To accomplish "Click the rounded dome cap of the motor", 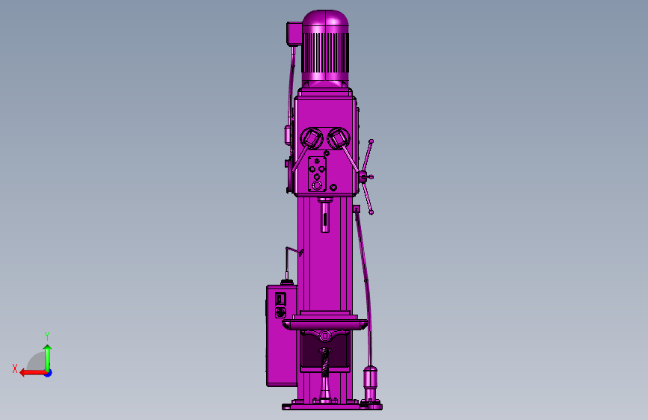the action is coord(325,21).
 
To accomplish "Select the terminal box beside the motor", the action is coord(294,33).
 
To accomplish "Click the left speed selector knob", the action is coord(312,138).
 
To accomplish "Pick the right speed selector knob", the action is coord(339,138).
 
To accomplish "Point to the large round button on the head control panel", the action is coord(317,185).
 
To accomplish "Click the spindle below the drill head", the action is coord(325,215).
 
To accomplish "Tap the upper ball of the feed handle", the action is coord(371,141).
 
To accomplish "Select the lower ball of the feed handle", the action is coord(371,212).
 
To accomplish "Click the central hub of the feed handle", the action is coord(364,177).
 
